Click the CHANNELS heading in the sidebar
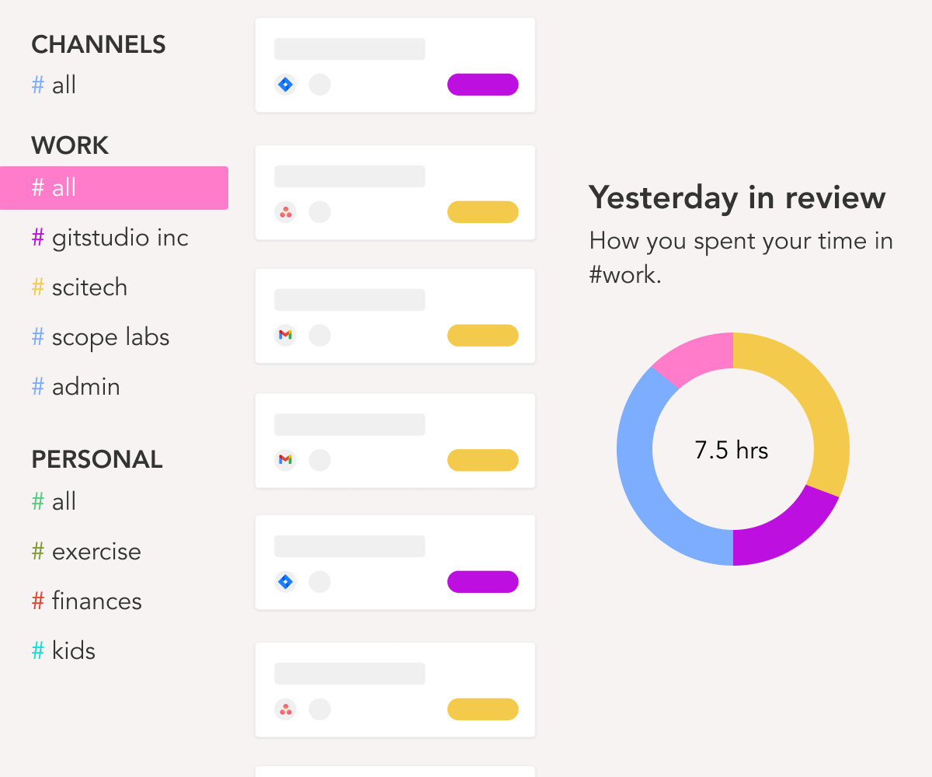tap(99, 45)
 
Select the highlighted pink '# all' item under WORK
tap(113, 188)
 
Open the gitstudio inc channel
tap(120, 238)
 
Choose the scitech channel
tap(89, 287)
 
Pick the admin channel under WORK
tap(85, 387)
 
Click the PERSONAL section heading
tap(97, 460)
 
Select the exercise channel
tap(96, 552)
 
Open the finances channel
tap(96, 601)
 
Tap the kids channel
tap(73, 651)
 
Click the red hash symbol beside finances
tap(37, 601)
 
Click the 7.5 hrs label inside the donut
tap(732, 451)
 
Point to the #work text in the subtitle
tap(624, 275)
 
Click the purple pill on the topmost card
tap(482, 85)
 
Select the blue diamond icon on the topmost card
tap(286, 85)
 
